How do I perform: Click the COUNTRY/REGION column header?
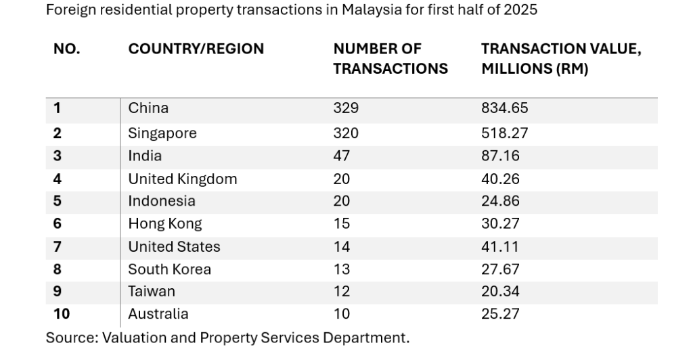(196, 49)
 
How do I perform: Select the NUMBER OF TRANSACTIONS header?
(390, 59)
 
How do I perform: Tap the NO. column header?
(66, 49)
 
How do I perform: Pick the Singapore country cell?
(162, 133)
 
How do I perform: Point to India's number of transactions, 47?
(342, 156)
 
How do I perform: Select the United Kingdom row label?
(183, 179)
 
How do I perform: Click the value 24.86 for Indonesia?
(500, 201)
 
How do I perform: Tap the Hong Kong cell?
(165, 223)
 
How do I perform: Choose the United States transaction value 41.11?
(499, 246)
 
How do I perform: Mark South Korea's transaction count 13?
(342, 269)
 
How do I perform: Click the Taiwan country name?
(152, 292)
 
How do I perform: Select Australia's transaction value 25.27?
(500, 314)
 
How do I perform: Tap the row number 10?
(62, 314)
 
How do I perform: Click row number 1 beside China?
(58, 108)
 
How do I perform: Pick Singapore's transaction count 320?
(346, 133)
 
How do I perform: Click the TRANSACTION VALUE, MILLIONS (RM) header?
(561, 59)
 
